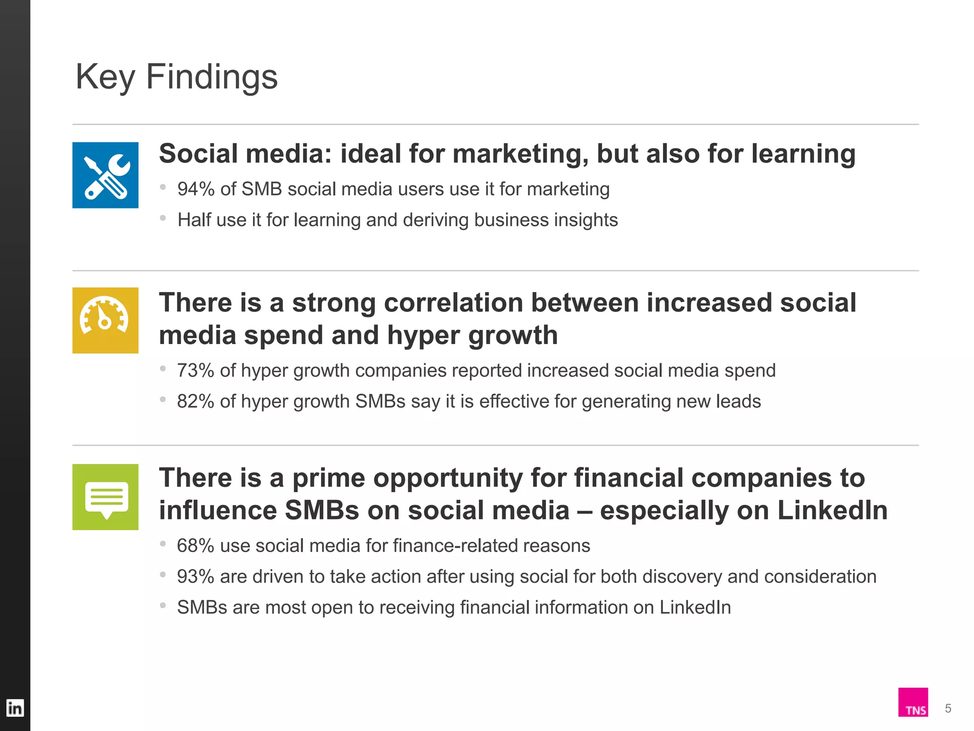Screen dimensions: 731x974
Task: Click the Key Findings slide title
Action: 176,77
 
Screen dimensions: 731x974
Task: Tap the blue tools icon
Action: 106,175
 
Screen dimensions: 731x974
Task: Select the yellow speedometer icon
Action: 106,320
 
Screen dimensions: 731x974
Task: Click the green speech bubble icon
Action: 106,497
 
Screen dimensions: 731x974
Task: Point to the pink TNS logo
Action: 913,702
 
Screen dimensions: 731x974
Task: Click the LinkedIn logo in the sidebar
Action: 15,708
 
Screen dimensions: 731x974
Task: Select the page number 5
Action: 948,709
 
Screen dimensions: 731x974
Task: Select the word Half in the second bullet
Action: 194,220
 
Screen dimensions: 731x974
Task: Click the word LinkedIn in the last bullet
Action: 695,608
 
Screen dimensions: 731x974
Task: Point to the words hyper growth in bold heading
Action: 472,336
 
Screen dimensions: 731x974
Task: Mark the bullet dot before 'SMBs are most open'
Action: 163,605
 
